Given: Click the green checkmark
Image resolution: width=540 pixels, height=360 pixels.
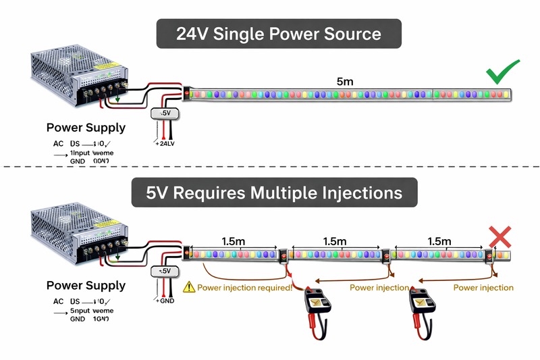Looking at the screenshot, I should pyautogui.click(x=502, y=73).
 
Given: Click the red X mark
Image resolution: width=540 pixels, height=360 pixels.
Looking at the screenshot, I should pyautogui.click(x=499, y=237).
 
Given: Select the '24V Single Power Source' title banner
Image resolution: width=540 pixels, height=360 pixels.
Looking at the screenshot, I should pyautogui.click(x=279, y=34).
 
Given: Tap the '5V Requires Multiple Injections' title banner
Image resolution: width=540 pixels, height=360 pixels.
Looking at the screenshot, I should pyautogui.click(x=274, y=192).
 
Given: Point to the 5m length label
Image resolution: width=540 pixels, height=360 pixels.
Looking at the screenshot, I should pyautogui.click(x=345, y=81).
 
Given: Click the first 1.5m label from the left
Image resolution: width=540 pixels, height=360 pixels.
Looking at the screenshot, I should pyautogui.click(x=233, y=240).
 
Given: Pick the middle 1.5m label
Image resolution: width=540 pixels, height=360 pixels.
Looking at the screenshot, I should pyautogui.click(x=335, y=240).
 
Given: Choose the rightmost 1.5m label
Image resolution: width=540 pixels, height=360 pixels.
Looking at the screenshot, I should pyautogui.click(x=439, y=240).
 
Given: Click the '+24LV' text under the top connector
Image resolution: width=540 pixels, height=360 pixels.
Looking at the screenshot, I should pyautogui.click(x=165, y=143).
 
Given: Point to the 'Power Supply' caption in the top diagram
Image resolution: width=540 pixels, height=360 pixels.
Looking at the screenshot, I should pyautogui.click(x=86, y=128).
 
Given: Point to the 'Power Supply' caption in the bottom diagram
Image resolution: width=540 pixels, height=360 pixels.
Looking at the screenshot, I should pyautogui.click(x=86, y=286).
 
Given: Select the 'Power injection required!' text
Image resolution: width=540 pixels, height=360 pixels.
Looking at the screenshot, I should pyautogui.click(x=244, y=288).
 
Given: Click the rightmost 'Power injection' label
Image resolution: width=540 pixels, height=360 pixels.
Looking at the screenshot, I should pyautogui.click(x=483, y=288).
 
